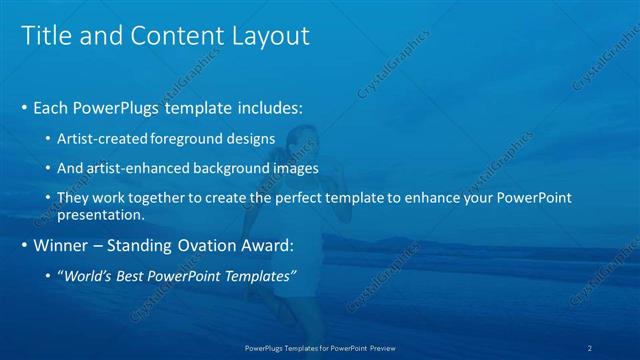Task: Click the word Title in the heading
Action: coord(47,36)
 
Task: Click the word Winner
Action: coord(63,245)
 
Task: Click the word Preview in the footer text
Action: coord(380,348)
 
